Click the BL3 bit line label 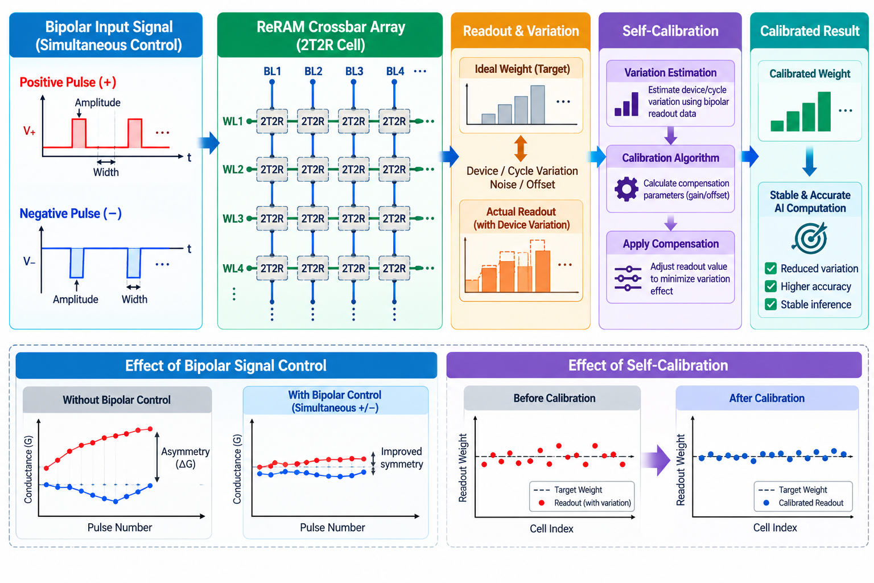[x=354, y=71]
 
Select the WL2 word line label [x=233, y=170]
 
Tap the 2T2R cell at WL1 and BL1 [x=272, y=121]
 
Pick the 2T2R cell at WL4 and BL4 [x=394, y=268]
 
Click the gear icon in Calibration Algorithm [x=626, y=189]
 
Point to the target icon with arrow [x=810, y=238]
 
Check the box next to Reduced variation [x=770, y=268]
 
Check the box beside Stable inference [x=770, y=304]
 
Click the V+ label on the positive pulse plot [x=29, y=131]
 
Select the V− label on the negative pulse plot [x=29, y=261]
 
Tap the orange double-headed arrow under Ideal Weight [x=521, y=149]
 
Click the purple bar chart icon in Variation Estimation [x=626, y=104]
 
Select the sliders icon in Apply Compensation [x=628, y=278]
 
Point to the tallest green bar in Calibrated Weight [x=824, y=111]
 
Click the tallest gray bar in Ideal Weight [x=538, y=105]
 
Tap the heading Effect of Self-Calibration [x=648, y=366]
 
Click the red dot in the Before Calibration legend [x=541, y=503]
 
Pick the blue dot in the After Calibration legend [x=766, y=503]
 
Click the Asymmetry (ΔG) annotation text [x=185, y=458]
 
